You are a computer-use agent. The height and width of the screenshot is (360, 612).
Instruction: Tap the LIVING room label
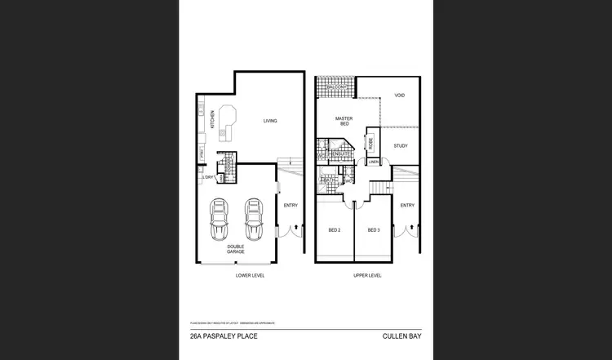click(x=269, y=121)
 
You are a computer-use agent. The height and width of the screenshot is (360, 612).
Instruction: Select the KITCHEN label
click(x=211, y=120)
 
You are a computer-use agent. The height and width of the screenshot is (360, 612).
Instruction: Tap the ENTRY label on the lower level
click(x=290, y=205)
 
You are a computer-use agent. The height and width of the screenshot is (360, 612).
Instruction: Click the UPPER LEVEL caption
click(x=367, y=276)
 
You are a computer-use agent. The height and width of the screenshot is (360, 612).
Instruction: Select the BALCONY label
click(x=336, y=87)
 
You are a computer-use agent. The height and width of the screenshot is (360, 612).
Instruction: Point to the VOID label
click(x=400, y=96)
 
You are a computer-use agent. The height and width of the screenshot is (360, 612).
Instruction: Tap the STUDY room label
click(x=400, y=146)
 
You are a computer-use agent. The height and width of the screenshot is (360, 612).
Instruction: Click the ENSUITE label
click(x=341, y=153)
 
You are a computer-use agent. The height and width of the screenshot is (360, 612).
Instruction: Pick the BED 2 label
click(x=334, y=231)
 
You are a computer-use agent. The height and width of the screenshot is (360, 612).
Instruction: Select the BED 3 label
click(x=374, y=231)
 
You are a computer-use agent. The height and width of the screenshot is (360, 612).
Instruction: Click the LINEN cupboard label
click(x=374, y=162)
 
